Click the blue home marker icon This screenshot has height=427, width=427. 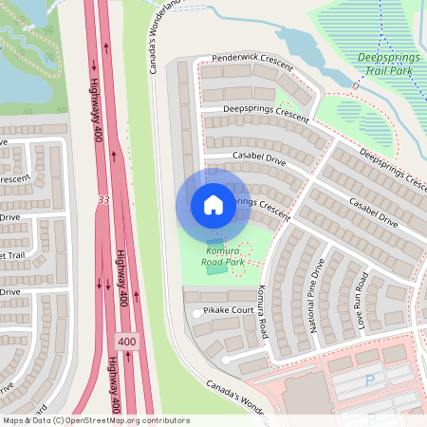(x=213, y=205)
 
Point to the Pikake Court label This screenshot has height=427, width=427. (x=228, y=310)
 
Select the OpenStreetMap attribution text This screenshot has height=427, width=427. (x=95, y=420)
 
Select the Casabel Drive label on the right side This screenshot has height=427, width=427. (x=373, y=211)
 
